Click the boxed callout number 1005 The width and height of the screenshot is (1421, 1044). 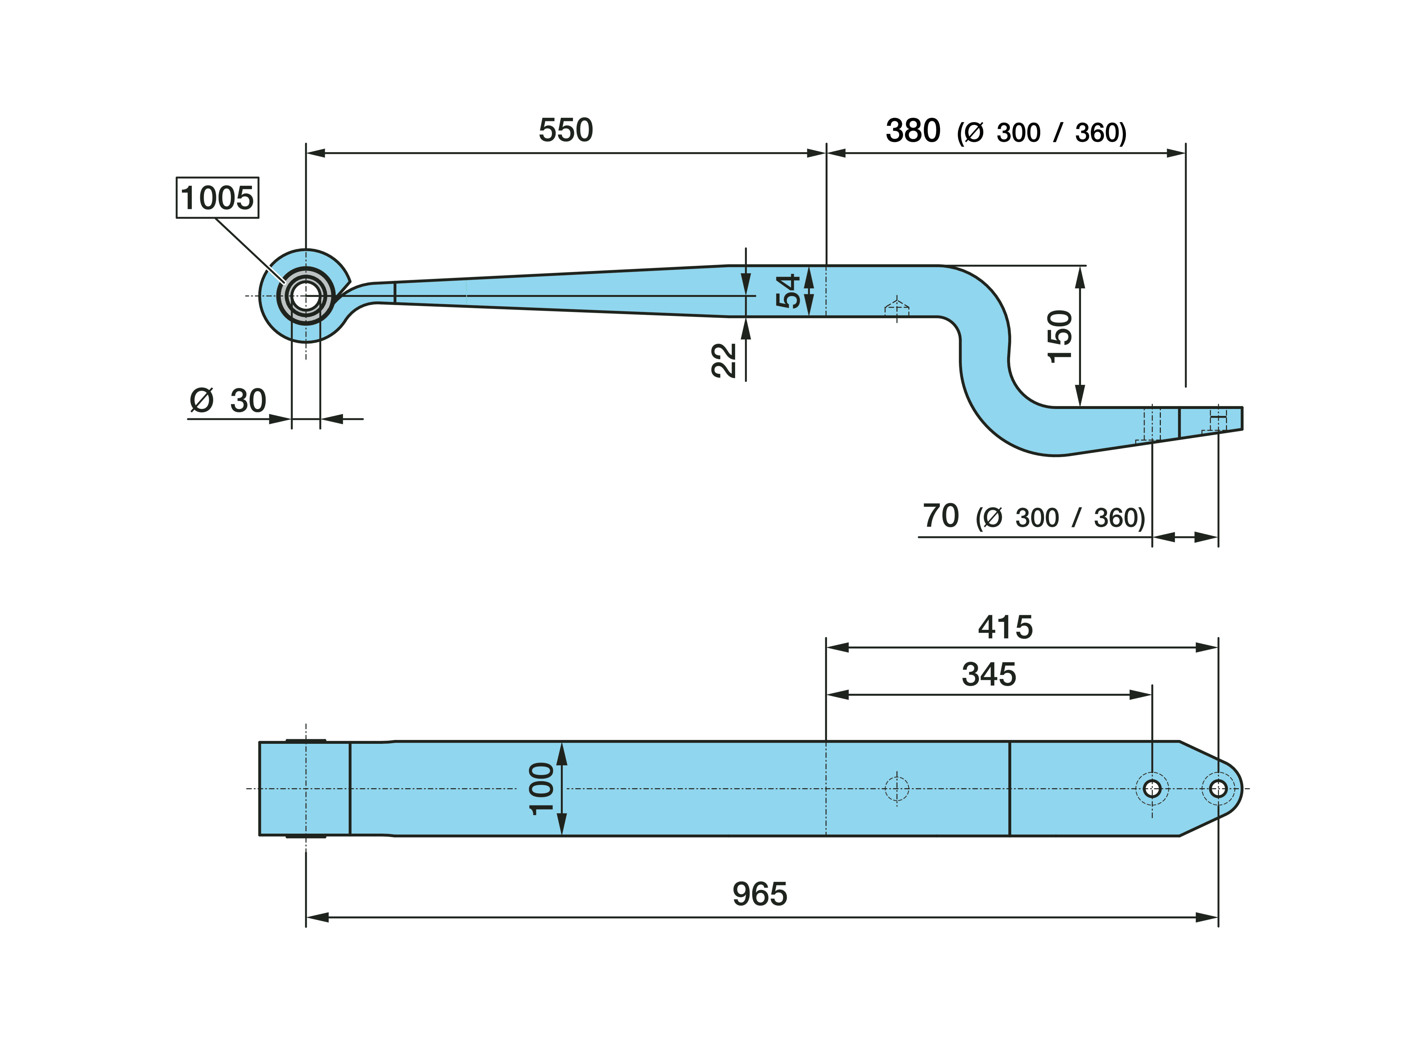[x=217, y=198]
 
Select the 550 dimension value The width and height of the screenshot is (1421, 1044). [x=566, y=130]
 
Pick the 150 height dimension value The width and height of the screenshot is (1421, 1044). [x=1060, y=336]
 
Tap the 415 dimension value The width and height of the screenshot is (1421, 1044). [x=1005, y=628]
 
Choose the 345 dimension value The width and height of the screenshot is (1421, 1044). [x=989, y=674]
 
